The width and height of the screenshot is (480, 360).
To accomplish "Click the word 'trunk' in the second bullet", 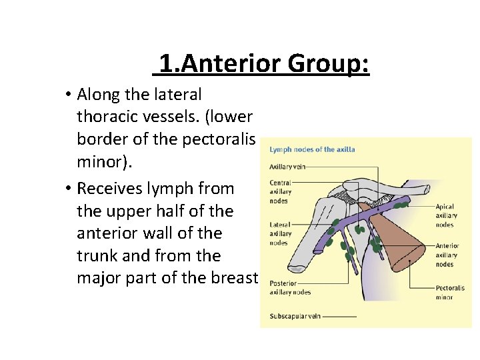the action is pyautogui.click(x=98, y=255).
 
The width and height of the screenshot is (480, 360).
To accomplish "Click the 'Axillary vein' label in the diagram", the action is pyautogui.click(x=287, y=166).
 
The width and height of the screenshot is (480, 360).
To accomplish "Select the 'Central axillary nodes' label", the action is pyautogui.click(x=280, y=192).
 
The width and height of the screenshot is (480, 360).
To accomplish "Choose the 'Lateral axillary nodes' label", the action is pyautogui.click(x=281, y=233).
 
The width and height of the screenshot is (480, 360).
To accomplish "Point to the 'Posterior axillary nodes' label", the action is pyautogui.click(x=290, y=287).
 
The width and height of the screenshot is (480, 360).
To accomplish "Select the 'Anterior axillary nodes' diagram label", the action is pyautogui.click(x=447, y=255).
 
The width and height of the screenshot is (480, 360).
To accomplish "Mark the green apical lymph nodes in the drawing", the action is pyautogui.click(x=401, y=206).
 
